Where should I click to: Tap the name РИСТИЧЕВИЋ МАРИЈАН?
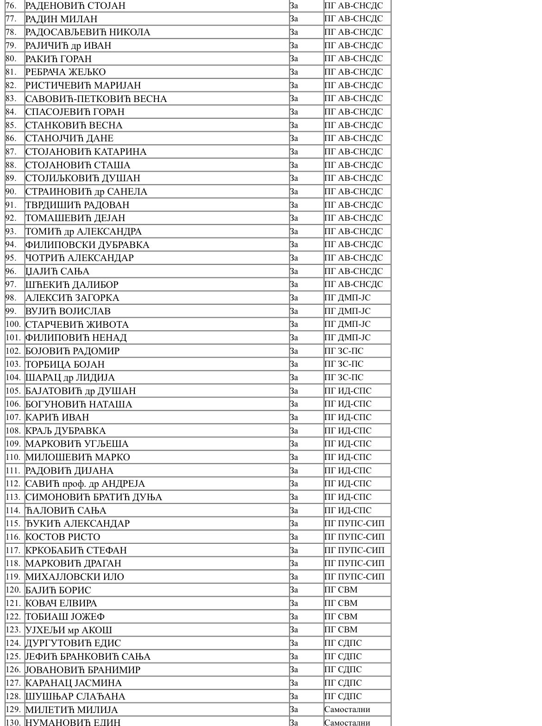pos(83,85)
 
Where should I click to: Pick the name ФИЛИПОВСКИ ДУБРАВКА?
pos(87,245)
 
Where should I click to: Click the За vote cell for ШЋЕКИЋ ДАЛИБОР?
pos(294,284)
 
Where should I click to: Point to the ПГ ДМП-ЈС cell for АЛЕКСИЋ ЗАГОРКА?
pos(347,298)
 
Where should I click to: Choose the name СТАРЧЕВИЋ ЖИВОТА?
pos(77,325)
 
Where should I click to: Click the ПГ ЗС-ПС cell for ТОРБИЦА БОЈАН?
pos(344,364)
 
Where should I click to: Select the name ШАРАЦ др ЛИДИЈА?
pos(70,377)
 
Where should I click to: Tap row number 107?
pos(13,417)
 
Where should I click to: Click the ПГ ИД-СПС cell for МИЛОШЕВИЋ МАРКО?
pos(348,457)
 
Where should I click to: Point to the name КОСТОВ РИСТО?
pos(63,537)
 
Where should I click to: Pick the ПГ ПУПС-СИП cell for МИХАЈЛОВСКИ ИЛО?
pos(354,577)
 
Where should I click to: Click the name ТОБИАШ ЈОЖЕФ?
pos(65,617)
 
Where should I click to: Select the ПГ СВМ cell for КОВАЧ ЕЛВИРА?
pos(341,603)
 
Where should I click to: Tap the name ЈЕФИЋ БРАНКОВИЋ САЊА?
pos(88,656)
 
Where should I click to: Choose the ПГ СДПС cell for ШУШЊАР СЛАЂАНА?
pos(343,696)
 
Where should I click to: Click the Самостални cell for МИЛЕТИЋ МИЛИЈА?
pos(347,709)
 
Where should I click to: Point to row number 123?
pos(13,630)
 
